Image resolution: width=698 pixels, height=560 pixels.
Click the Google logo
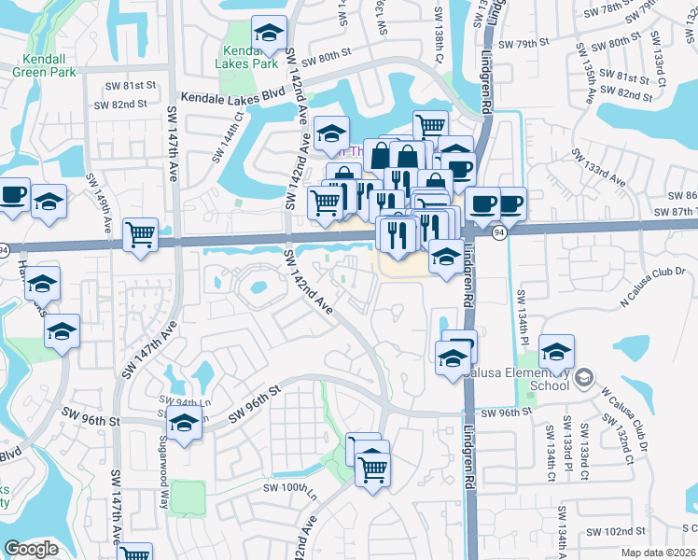(32, 549)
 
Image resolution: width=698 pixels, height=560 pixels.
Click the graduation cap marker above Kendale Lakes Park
(270, 35)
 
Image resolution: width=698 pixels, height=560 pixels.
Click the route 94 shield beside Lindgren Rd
(500, 232)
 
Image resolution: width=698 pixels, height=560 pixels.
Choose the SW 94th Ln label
(175, 402)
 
